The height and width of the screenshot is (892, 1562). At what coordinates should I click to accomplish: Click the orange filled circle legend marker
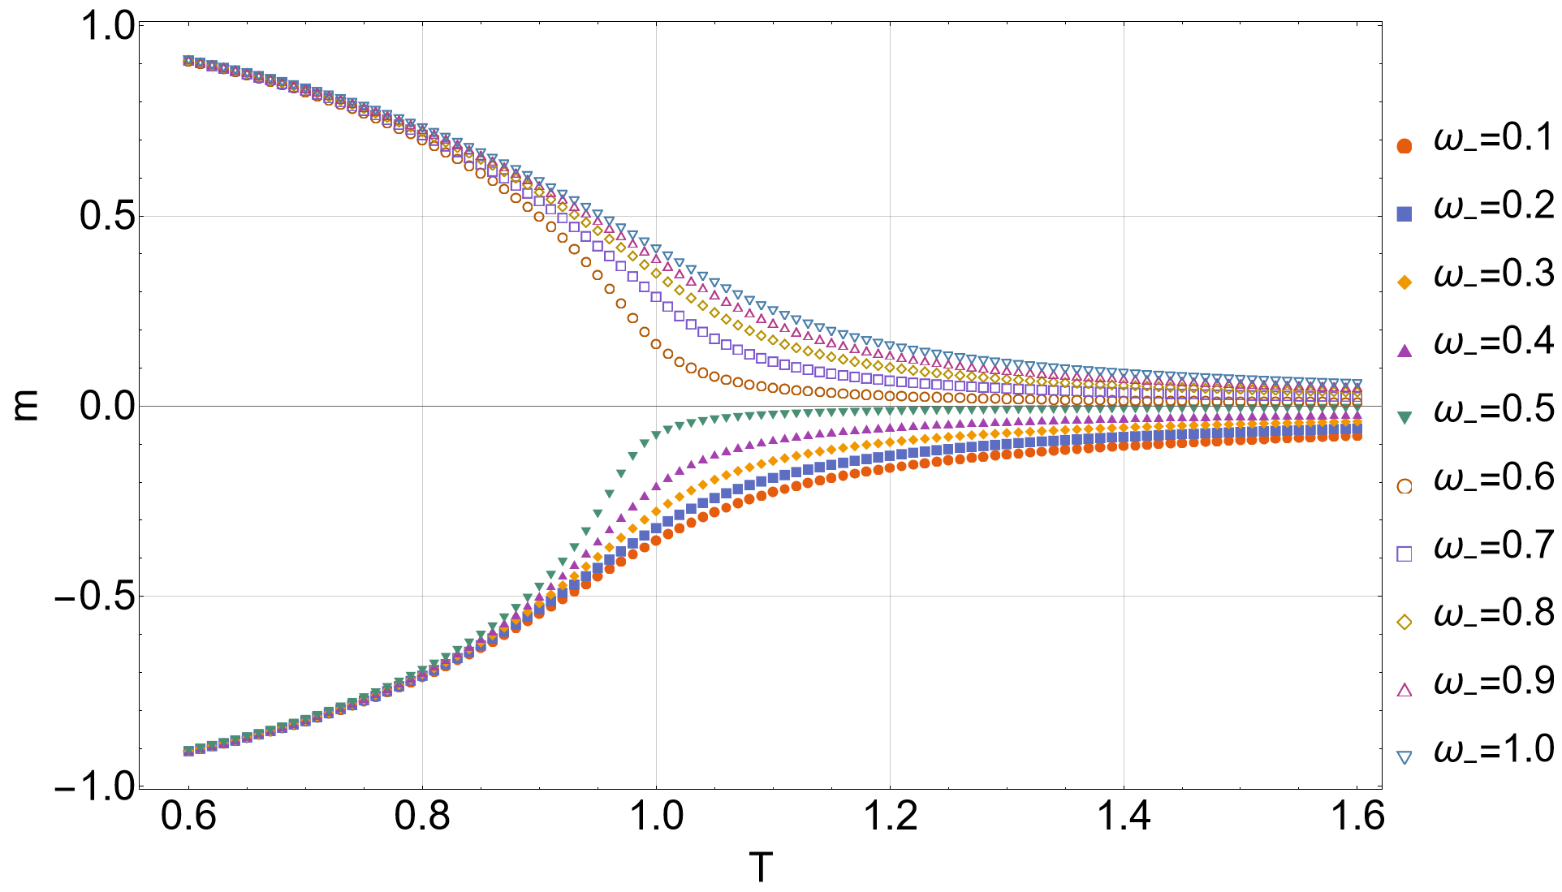click(x=1404, y=146)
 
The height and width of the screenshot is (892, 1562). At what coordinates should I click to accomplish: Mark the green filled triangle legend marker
click(x=1404, y=417)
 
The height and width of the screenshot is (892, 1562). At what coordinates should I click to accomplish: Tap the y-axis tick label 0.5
click(x=107, y=217)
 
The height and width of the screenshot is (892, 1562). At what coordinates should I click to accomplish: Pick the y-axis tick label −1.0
click(x=94, y=787)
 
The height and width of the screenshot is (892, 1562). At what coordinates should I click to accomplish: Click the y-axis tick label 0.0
click(x=107, y=406)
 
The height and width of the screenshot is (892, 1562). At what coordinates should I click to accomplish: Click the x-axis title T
click(x=761, y=868)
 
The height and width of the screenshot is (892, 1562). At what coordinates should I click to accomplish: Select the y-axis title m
click(x=26, y=406)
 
